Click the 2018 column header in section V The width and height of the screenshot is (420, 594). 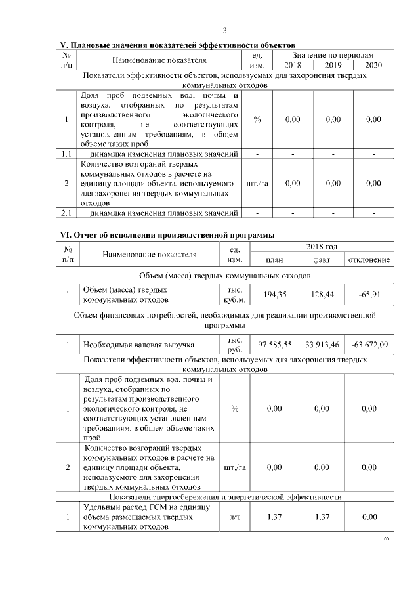pyautogui.click(x=293, y=65)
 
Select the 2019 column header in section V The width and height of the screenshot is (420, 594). pyautogui.click(x=333, y=65)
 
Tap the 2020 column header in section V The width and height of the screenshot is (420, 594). pyautogui.click(x=373, y=65)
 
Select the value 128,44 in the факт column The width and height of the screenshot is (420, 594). pyautogui.click(x=322, y=295)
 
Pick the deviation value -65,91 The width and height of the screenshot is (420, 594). pyautogui.click(x=369, y=295)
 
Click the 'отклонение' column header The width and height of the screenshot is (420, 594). pyautogui.click(x=369, y=260)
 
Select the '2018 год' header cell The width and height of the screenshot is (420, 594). pyautogui.click(x=322, y=247)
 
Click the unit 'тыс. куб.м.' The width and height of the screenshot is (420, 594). pyautogui.click(x=235, y=295)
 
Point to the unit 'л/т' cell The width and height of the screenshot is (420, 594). pyautogui.click(x=235, y=517)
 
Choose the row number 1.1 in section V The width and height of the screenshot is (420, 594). pyautogui.click(x=66, y=154)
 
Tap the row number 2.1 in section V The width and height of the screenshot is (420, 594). pyautogui.click(x=66, y=213)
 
